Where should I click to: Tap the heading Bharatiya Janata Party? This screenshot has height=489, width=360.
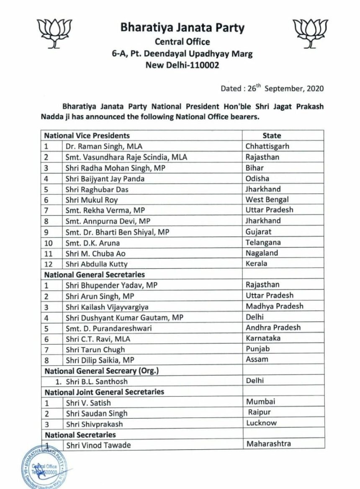[x=182, y=28]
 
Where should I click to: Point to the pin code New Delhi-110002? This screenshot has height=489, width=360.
[x=182, y=65]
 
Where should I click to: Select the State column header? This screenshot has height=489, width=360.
[x=272, y=136]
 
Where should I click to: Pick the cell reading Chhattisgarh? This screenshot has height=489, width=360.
[x=267, y=146]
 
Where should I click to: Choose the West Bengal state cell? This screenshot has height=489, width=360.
[x=267, y=200]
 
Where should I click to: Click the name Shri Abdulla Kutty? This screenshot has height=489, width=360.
[x=96, y=264]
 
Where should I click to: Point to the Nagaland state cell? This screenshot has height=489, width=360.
[x=262, y=253]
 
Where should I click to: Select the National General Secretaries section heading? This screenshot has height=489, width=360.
[x=95, y=274]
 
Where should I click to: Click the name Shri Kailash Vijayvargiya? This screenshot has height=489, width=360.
[x=107, y=307]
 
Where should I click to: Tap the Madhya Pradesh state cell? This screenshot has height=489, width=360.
[x=275, y=306]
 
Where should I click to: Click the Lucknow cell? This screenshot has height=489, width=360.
[x=262, y=423]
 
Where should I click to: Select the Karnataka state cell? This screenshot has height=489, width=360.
[x=263, y=338]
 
